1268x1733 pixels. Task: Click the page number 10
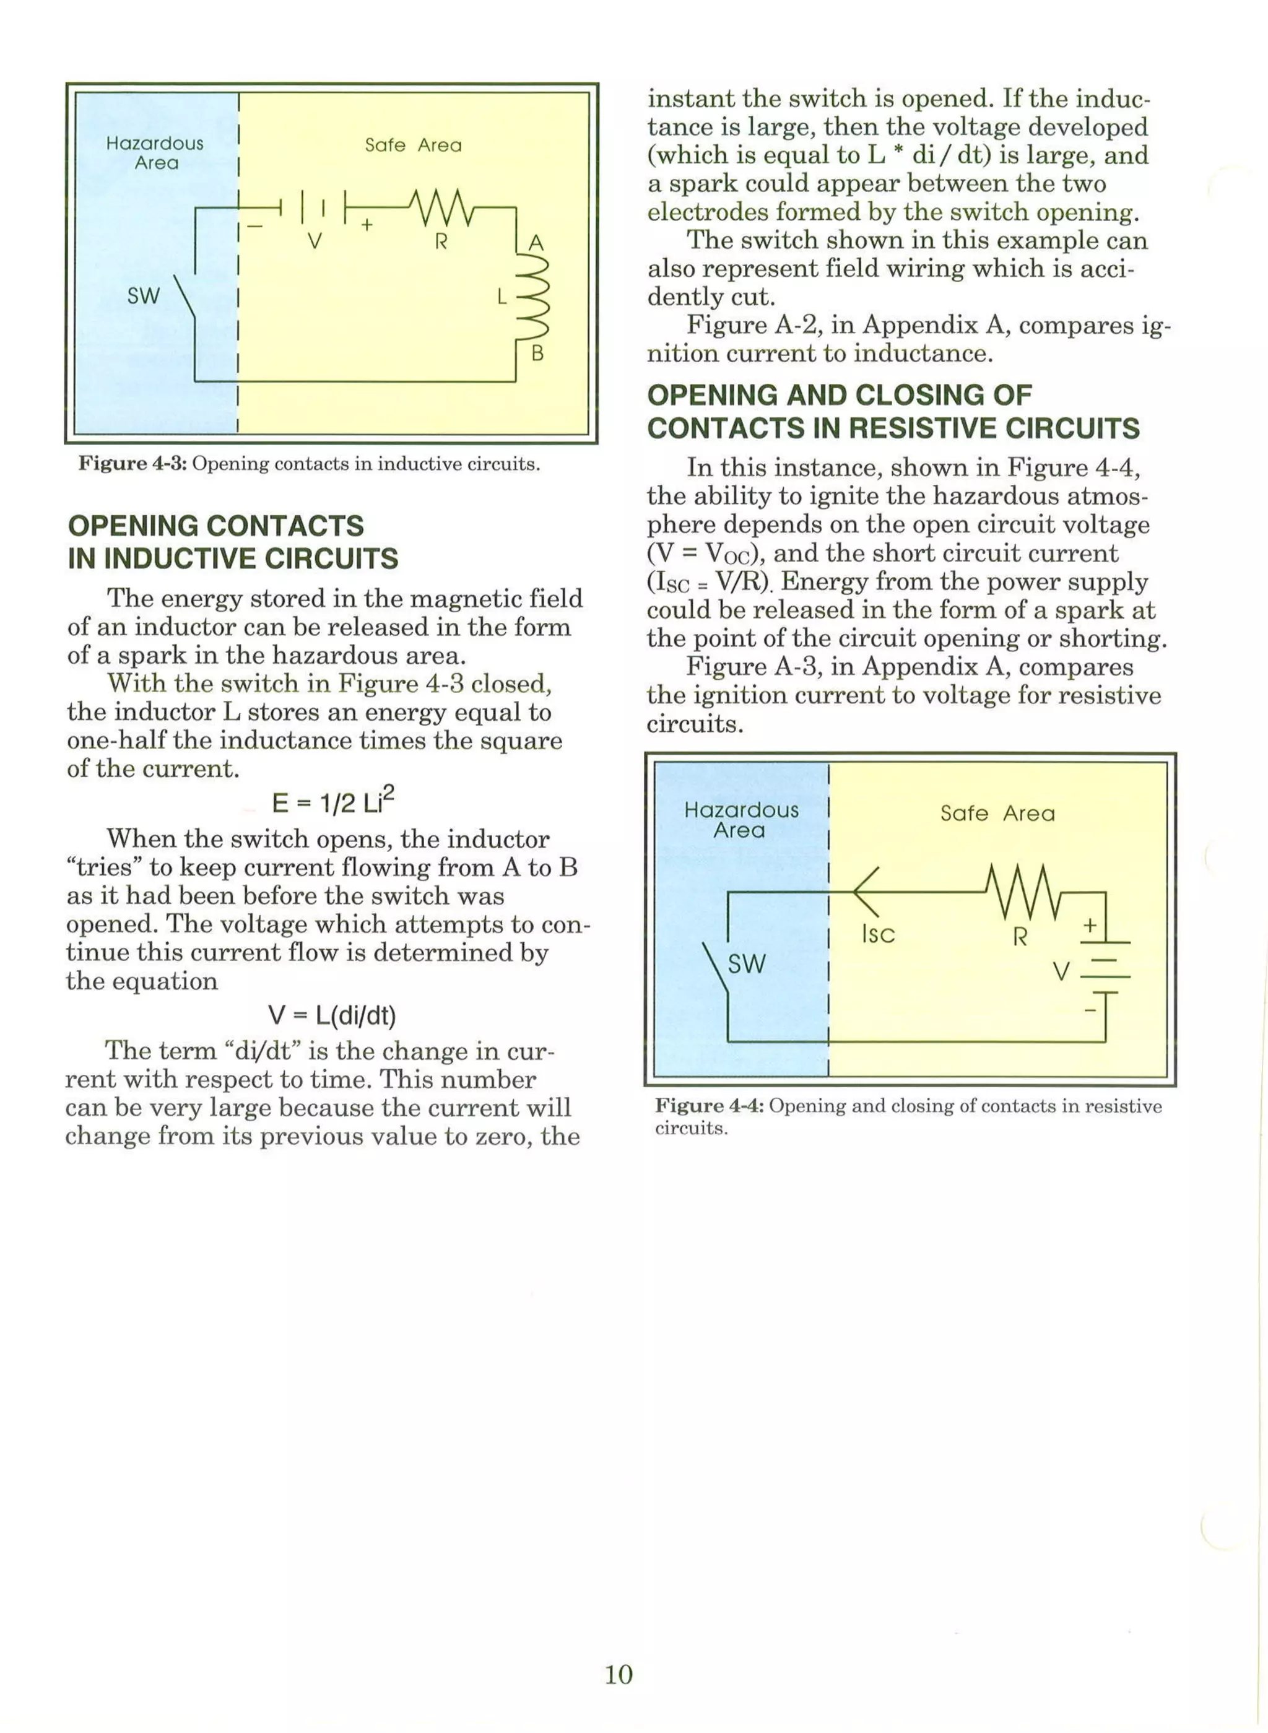click(x=619, y=1674)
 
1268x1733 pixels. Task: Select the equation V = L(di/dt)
click(x=332, y=1015)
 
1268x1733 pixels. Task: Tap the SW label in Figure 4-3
click(x=144, y=296)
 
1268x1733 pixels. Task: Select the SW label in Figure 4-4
click(x=746, y=963)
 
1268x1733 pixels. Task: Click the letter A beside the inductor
click(x=537, y=243)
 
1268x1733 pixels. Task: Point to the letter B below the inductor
click(x=537, y=354)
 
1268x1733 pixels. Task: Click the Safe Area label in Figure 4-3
click(x=413, y=145)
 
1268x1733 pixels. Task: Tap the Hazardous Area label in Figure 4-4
click(x=740, y=820)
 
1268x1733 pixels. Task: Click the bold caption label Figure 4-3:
click(x=132, y=464)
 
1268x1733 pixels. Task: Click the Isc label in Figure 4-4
click(x=878, y=934)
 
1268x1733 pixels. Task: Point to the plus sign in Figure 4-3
click(x=367, y=224)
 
